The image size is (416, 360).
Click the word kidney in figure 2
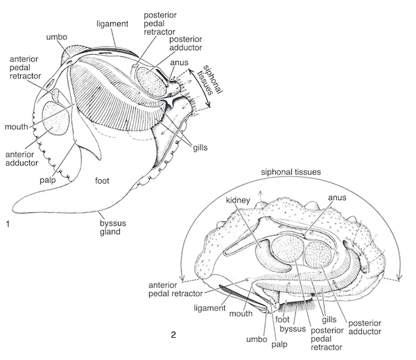coord(238,200)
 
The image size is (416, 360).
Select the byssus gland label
coord(113,228)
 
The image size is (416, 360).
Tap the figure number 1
coord(8,224)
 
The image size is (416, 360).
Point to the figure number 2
coord(173,335)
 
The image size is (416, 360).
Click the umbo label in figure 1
coord(57,37)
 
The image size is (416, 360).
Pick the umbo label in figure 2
coord(257,339)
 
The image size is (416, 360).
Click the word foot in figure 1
coord(102,181)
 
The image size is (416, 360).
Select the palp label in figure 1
coord(48,180)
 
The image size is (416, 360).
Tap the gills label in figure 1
coord(200,148)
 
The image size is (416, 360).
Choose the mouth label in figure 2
coord(241,314)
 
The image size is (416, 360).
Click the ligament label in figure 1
coord(112,24)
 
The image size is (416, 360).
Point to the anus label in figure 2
coord(337,198)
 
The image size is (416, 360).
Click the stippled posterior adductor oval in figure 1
coord(151,81)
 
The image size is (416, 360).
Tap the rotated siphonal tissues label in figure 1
coord(210,80)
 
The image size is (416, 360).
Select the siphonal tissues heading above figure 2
coord(291,172)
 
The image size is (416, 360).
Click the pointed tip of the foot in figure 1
coord(13,209)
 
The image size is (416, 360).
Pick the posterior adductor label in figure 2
coord(365,327)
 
